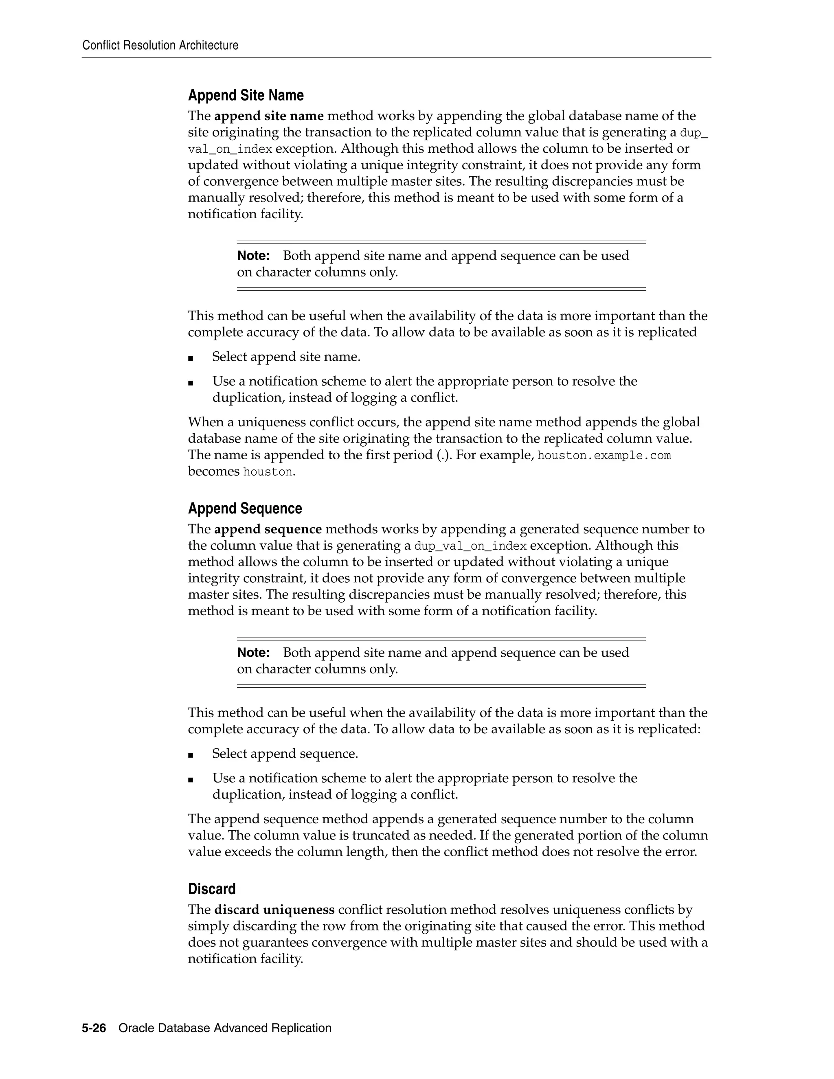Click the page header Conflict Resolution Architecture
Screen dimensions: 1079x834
[160, 46]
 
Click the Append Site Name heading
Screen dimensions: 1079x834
[246, 95]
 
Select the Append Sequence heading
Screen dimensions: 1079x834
[245, 509]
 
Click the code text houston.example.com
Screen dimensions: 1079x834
[604, 456]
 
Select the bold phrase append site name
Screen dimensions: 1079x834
[269, 116]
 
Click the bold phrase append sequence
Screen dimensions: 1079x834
[268, 530]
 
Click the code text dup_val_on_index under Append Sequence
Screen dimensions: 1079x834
[470, 546]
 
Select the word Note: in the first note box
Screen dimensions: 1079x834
[253, 256]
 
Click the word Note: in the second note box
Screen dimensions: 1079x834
[253, 653]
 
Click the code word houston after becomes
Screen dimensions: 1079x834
[268, 472]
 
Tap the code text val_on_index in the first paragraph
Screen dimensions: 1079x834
[230, 149]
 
